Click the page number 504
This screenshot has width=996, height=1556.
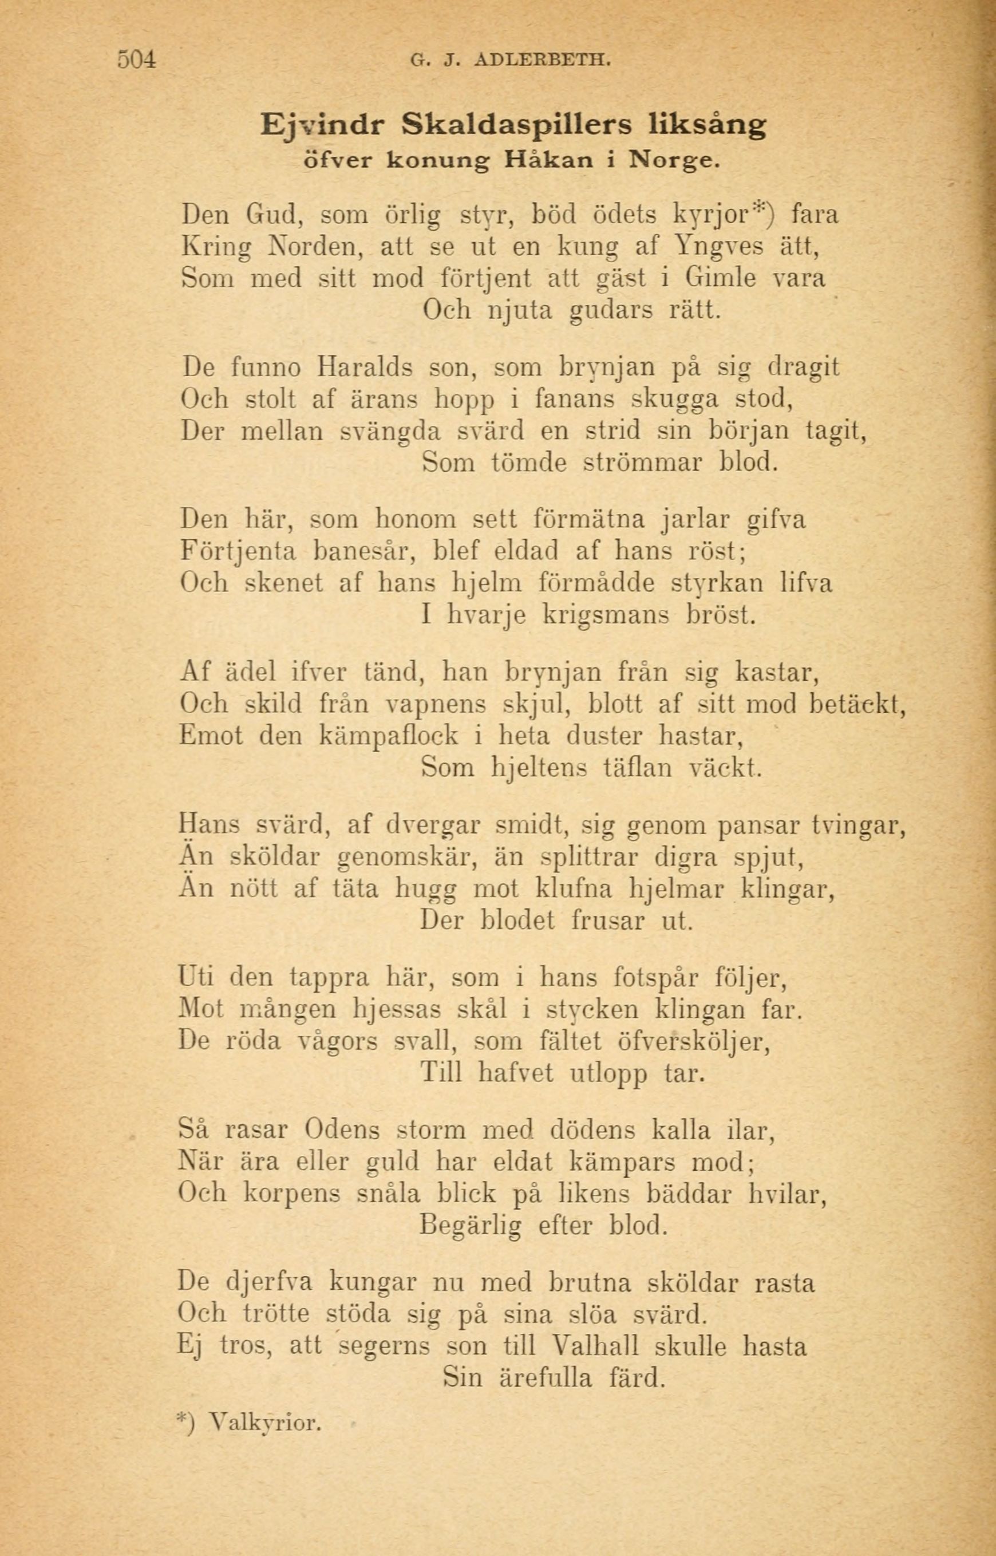(x=137, y=60)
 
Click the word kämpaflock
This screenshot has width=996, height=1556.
(x=389, y=736)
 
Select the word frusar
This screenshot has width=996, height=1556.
(x=608, y=921)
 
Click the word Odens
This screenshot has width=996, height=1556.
(x=342, y=1131)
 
